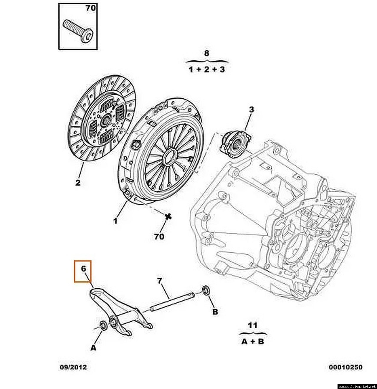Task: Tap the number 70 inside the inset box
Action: point(90,8)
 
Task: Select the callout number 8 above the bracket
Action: point(207,53)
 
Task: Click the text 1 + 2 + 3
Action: point(207,69)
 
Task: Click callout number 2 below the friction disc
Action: point(78,183)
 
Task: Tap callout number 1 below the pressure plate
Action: point(115,221)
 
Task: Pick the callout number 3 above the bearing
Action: point(251,110)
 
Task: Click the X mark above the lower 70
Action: point(168,216)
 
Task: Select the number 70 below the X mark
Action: point(159,237)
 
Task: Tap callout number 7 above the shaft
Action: point(159,281)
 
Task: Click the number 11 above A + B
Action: point(253,325)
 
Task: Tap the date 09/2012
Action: point(73,367)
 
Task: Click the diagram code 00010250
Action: point(345,367)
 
